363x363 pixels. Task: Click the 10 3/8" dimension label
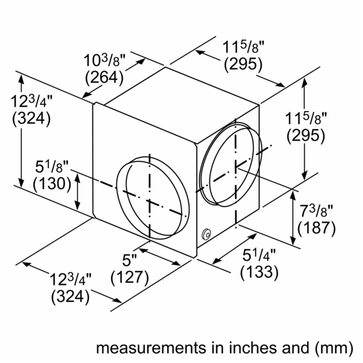pos(104,60)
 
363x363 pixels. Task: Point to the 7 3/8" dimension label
pos(316,211)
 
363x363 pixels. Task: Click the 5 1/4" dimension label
pos(259,255)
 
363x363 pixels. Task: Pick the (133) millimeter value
pos(259,272)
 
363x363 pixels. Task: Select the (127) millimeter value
pos(130,277)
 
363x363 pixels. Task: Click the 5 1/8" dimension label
pos(52,167)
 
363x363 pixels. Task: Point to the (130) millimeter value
pos(52,184)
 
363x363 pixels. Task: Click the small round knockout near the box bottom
pos(206,234)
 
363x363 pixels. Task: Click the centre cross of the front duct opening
pos(150,201)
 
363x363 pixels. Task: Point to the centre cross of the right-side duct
pos(236,167)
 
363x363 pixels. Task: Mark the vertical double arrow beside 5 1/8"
pos(77,192)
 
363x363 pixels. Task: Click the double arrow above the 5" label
pos(159,257)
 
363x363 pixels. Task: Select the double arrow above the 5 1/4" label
pos(234,249)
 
